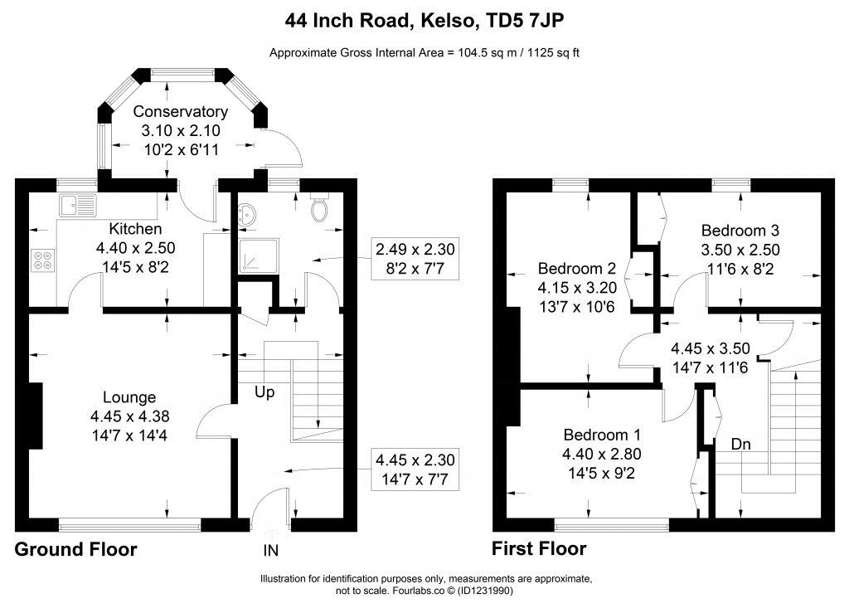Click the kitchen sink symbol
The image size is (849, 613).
coord(76,204)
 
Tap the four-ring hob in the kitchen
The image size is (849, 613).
coord(42,260)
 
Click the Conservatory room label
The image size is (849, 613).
coord(181,111)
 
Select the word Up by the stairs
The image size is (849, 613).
coord(264,392)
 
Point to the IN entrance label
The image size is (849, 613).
coord(271,550)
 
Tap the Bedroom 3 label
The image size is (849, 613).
coord(740,231)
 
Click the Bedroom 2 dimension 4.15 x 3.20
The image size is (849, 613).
coord(576,287)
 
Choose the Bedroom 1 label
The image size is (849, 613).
coord(602,435)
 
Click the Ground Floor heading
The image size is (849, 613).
coord(76,549)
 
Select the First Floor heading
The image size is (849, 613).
coord(539,549)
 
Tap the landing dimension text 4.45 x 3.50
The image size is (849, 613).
coord(710,349)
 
